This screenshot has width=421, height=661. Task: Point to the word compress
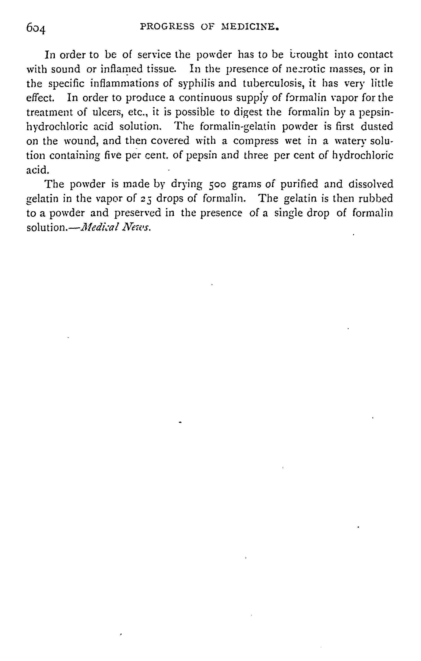[x=256, y=141]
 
